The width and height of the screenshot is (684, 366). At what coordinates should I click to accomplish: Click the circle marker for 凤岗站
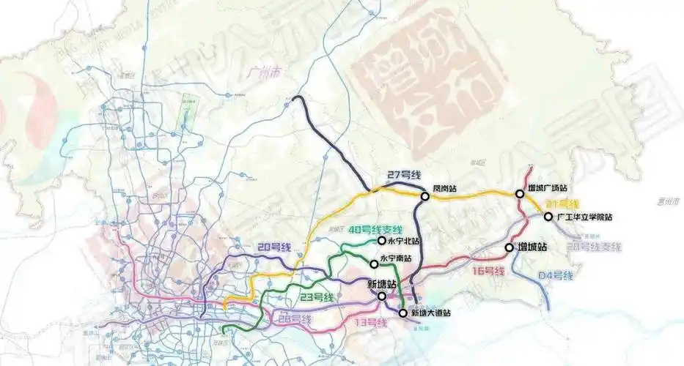coord(425,196)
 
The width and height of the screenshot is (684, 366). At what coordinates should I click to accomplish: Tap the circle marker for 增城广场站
coord(520,194)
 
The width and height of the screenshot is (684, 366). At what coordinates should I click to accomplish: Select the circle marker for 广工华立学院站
coord(548,217)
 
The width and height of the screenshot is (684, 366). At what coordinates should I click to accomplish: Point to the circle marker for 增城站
coord(509,248)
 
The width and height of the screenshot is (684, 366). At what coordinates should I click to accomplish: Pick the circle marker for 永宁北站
coord(381,240)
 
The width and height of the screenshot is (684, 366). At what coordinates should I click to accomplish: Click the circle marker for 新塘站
coord(381,296)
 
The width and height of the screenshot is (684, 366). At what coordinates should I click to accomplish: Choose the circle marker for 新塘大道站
coord(402,313)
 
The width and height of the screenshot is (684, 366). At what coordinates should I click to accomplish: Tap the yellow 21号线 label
coord(563,203)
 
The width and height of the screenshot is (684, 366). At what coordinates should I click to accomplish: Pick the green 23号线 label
coord(317,296)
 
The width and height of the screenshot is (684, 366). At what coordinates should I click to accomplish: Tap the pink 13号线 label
coord(368,322)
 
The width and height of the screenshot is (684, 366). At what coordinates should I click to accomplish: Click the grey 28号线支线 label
coord(594,247)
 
